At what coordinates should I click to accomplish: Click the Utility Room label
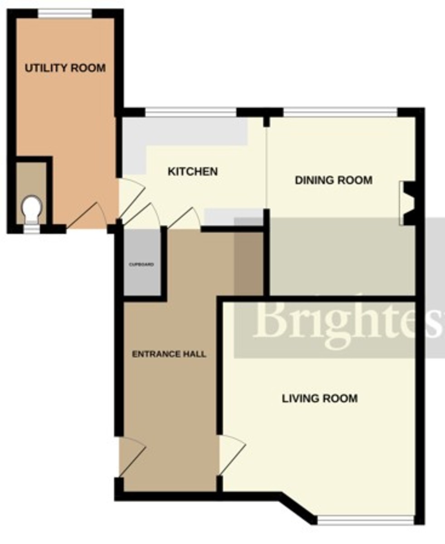click(65, 68)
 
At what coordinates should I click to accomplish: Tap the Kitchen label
click(193, 172)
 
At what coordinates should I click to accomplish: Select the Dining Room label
click(333, 180)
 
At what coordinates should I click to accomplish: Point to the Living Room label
click(320, 398)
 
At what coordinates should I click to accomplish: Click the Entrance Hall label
click(169, 354)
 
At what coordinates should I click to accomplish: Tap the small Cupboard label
click(142, 264)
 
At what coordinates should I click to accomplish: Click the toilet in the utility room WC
click(31, 209)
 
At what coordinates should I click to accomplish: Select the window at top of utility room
click(65, 14)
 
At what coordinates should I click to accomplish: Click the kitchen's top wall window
click(191, 112)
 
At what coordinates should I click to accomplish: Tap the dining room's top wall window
click(340, 112)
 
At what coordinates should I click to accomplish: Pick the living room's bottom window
click(365, 520)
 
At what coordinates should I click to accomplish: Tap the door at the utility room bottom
click(86, 217)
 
